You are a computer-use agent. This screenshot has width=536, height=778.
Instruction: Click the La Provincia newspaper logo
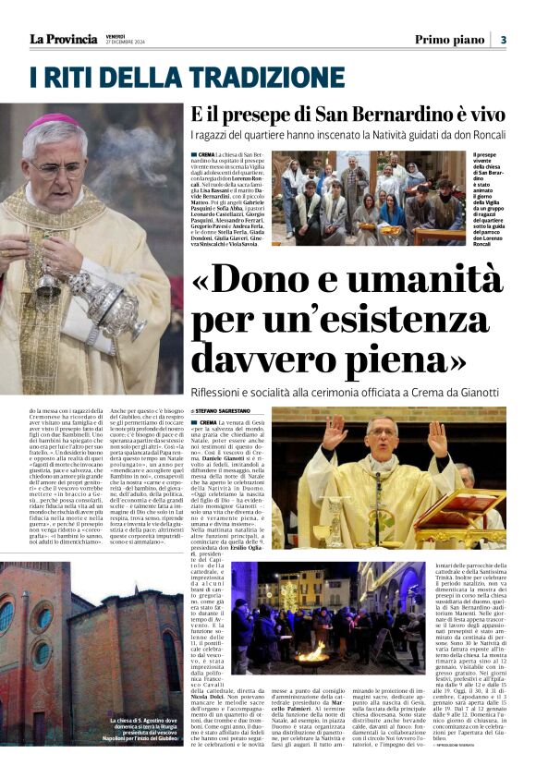pyautogui.click(x=63, y=39)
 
